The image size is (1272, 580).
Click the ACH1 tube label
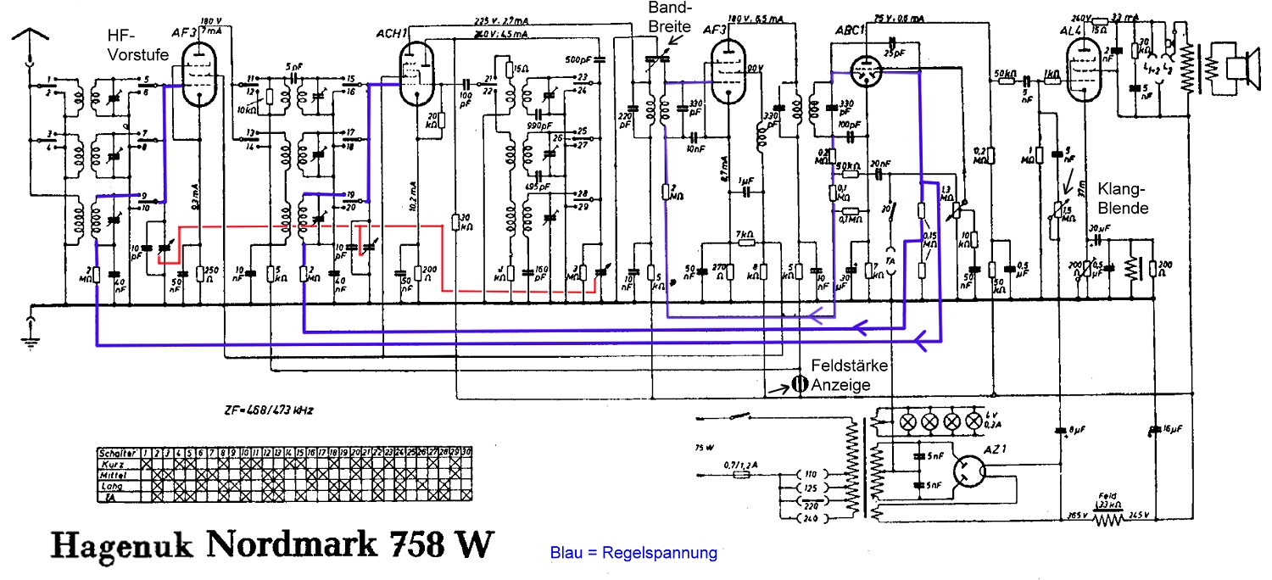click(x=393, y=33)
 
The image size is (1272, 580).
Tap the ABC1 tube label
click(x=850, y=30)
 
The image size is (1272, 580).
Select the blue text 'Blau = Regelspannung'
click(x=633, y=553)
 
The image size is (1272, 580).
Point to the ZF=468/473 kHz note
click(x=259, y=410)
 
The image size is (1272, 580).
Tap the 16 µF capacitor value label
click(x=1170, y=430)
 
